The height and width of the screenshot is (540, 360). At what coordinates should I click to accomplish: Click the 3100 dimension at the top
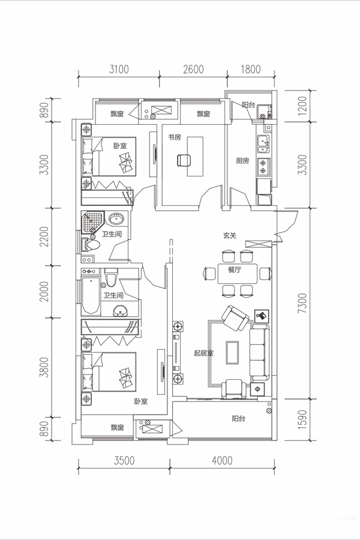point(119,69)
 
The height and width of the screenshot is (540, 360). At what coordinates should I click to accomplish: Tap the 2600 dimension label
point(193,69)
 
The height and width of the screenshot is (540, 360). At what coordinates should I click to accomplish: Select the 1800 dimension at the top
point(250,69)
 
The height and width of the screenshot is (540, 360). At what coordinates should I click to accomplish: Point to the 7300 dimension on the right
point(302,303)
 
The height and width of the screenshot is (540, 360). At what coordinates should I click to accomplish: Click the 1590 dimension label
point(302,419)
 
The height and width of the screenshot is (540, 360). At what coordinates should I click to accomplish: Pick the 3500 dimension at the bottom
point(124,460)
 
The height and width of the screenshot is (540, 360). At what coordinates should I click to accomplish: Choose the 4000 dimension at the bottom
point(222,460)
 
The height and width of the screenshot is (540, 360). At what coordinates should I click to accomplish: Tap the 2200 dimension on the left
point(44,236)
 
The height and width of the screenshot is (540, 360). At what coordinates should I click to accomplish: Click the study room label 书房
point(175,137)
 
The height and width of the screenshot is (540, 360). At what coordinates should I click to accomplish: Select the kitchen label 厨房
point(242,160)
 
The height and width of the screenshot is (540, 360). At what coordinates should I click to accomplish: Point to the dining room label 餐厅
point(234,269)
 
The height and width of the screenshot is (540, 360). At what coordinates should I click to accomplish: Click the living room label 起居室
point(203,353)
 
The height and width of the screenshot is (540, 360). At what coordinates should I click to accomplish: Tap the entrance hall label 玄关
point(229,236)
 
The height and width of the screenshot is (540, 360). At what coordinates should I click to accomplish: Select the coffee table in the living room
point(232,352)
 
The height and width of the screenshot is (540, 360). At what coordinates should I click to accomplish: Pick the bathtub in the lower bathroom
point(91,295)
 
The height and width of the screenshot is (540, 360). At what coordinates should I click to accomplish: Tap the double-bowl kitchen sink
point(263,145)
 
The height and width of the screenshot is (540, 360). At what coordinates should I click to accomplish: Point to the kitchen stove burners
point(263,166)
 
